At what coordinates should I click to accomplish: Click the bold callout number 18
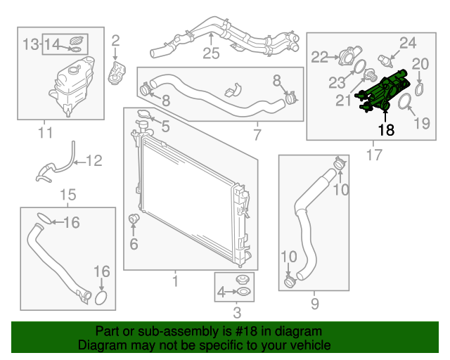point(386,130)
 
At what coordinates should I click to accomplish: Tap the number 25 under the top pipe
point(211,53)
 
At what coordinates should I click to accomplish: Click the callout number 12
point(94,161)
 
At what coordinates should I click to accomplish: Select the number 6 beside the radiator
point(134,245)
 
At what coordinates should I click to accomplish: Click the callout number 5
point(166,127)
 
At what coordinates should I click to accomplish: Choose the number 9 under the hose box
point(314,304)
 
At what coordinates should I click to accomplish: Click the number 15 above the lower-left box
point(67,195)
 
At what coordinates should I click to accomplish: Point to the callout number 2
point(116,40)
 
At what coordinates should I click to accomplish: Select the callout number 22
point(320,57)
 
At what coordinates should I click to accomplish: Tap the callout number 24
point(409,43)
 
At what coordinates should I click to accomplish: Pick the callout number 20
point(420,64)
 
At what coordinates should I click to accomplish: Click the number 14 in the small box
point(53,44)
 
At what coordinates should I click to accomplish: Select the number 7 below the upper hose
point(256,133)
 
